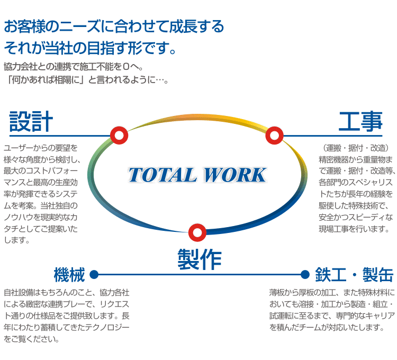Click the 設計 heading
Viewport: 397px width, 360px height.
click(x=31, y=122)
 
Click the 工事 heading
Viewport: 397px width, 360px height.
click(x=360, y=122)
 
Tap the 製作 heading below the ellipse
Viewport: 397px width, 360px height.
click(x=200, y=259)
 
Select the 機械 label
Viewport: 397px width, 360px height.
click(x=69, y=275)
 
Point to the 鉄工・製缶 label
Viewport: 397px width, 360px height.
click(x=354, y=275)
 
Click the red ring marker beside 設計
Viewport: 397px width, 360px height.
click(x=119, y=136)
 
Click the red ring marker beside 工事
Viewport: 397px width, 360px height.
click(x=274, y=136)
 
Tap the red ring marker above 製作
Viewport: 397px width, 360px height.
click(x=197, y=232)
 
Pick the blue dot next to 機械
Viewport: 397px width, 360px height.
click(x=94, y=274)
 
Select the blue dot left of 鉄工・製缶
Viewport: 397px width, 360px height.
click(x=305, y=274)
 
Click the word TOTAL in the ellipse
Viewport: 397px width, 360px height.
click(x=163, y=175)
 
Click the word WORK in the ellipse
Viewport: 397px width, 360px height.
click(x=235, y=175)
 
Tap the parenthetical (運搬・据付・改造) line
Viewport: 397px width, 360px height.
click(x=356, y=148)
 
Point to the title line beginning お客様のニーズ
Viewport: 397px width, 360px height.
click(x=114, y=26)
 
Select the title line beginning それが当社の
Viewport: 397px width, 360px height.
click(x=90, y=48)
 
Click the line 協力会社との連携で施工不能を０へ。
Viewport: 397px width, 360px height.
click(x=74, y=67)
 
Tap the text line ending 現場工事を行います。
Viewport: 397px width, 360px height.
click(x=354, y=229)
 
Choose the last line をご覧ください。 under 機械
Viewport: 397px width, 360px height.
click(x=32, y=339)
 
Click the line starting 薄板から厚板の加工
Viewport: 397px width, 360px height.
click(x=332, y=293)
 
